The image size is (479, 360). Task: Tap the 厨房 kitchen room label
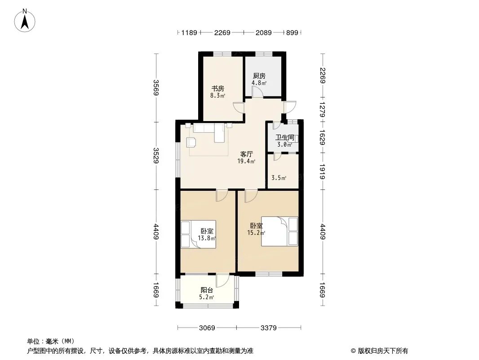tap(259, 76)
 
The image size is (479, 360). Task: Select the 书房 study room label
tap(218, 89)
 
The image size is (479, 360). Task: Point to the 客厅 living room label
tap(247, 154)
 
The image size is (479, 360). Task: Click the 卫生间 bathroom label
tap(285, 138)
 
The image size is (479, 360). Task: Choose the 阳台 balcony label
tap(207, 290)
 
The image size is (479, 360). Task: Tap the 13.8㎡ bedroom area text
tap(207, 238)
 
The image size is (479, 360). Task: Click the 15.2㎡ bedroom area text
tap(256, 233)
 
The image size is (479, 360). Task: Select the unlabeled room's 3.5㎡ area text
tap(279, 178)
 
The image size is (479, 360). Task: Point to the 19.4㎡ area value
tap(246, 161)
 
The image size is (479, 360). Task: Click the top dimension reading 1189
tap(189, 32)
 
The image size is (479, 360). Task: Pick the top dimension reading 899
tap(292, 32)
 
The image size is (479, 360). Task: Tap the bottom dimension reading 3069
tap(207, 328)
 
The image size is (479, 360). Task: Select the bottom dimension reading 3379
tap(269, 328)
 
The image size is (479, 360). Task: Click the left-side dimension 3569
tap(156, 88)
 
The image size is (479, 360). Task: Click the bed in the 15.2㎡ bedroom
tap(279, 231)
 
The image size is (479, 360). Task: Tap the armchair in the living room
tap(191, 143)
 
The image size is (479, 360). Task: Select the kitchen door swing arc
tap(257, 91)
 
